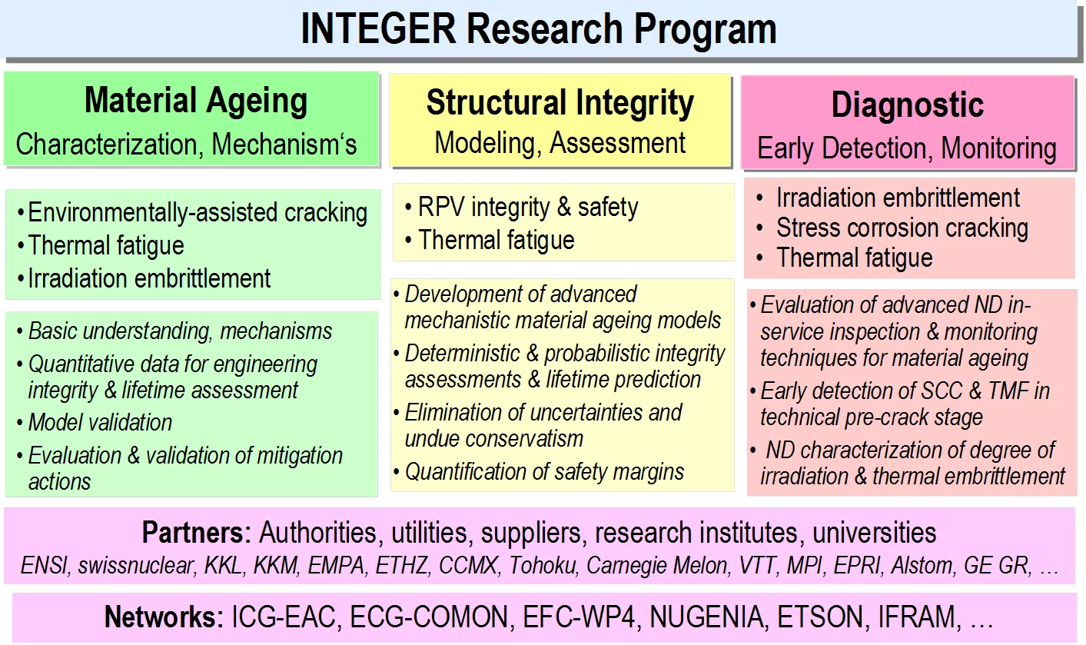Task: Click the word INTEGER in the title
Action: coord(378,29)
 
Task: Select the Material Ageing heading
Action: coord(196,101)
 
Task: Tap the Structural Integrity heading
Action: coord(560,103)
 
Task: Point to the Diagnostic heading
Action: coord(908,105)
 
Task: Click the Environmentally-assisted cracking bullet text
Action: coord(198,212)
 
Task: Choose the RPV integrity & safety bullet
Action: coord(528,207)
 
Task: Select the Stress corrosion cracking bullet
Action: coord(902,228)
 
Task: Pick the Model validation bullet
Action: coord(100,422)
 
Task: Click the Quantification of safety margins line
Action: coord(544,472)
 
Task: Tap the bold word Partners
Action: coord(196,533)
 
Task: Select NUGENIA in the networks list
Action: coord(706,617)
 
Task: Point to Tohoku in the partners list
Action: coord(543,566)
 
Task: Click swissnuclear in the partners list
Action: coord(136,566)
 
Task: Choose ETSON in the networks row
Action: coord(820,617)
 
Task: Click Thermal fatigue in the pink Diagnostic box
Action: coord(854,258)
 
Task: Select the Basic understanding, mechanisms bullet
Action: coord(180,331)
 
